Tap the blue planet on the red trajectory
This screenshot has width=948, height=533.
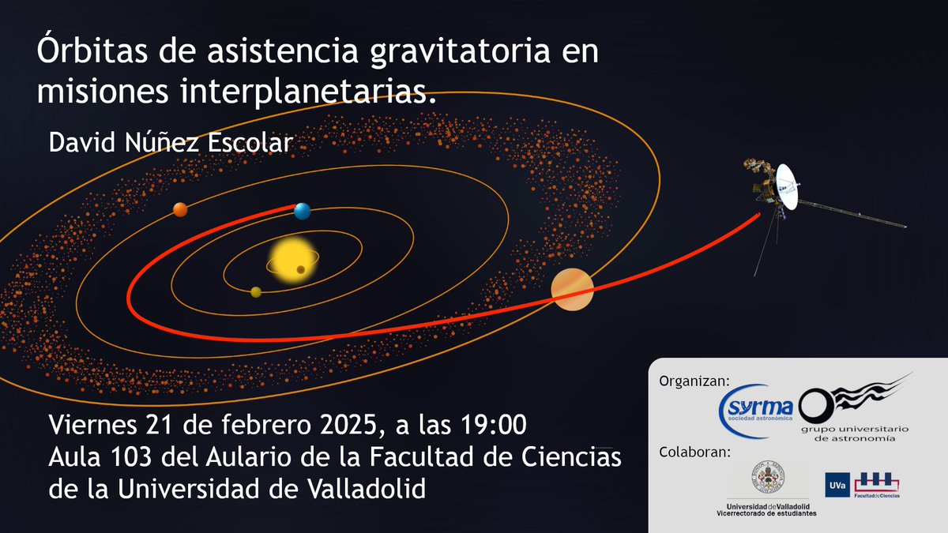[x=302, y=211]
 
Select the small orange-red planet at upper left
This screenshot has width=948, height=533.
[x=180, y=209]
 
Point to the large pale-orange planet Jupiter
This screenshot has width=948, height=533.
[x=572, y=290]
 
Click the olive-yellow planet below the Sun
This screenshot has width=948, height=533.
[x=256, y=292]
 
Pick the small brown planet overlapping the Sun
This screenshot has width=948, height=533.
[x=301, y=270]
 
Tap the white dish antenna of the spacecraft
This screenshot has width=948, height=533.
[x=786, y=186]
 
